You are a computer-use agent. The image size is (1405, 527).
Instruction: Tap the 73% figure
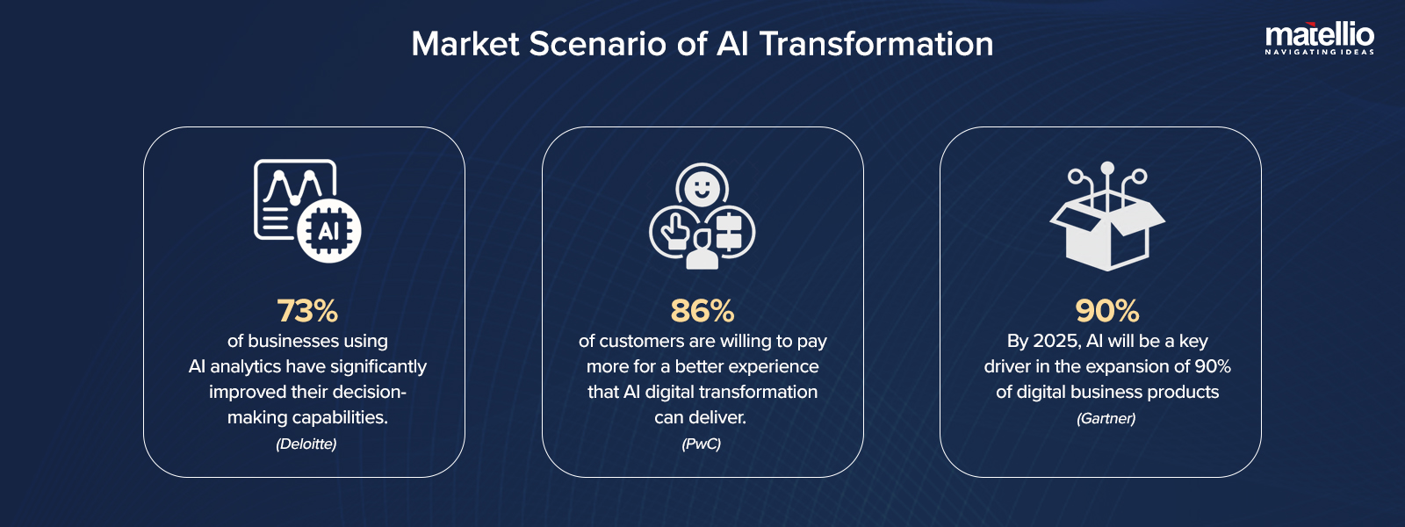point(307,311)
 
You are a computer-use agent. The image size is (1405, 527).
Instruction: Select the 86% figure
point(702,311)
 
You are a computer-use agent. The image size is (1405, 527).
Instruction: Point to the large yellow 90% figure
point(1107,311)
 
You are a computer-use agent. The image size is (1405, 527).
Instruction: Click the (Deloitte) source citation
point(306,444)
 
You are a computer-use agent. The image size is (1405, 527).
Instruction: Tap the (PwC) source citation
point(701,444)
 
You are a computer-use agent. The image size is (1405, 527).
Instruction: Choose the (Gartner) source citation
point(1106,418)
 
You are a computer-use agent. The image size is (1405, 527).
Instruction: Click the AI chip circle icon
point(328,231)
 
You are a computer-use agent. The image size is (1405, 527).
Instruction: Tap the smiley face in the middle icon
point(702,187)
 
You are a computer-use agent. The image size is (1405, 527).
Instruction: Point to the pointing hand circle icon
point(674,231)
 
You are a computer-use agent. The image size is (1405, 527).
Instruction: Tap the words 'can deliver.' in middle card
point(700,417)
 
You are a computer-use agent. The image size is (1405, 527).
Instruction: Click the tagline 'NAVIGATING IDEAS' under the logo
point(1319,52)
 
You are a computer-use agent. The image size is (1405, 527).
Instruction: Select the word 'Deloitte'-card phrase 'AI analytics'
point(241,366)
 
